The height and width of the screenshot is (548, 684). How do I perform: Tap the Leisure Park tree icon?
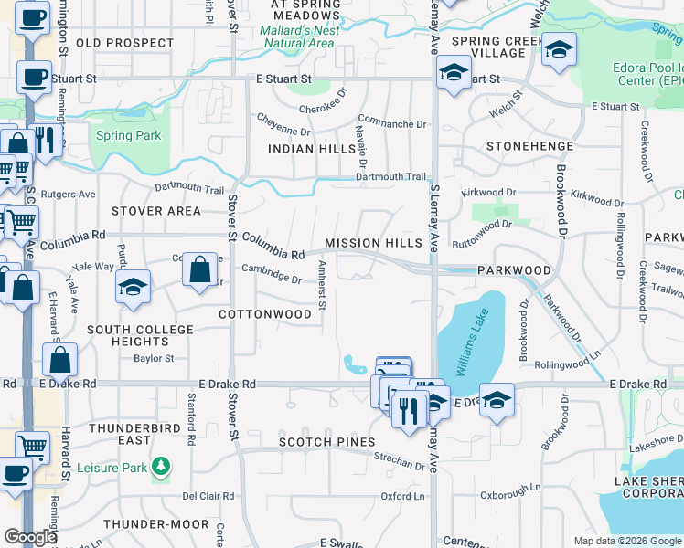click(x=161, y=467)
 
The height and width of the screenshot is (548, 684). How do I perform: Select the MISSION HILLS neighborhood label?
click(x=373, y=243)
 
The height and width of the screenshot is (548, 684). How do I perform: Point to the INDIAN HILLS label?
click(x=311, y=148)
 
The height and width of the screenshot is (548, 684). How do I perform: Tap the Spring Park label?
click(x=128, y=136)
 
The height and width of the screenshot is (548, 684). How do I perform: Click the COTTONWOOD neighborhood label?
click(x=264, y=313)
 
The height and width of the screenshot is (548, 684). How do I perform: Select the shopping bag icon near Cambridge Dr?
click(x=200, y=270)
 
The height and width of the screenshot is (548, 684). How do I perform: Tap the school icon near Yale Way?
click(x=133, y=288)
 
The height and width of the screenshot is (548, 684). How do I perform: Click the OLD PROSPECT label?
click(x=125, y=43)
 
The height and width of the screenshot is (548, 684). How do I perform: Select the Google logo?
click(x=30, y=537)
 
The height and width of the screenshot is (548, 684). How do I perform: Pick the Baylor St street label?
click(x=154, y=359)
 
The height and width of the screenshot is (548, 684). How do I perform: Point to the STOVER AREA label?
click(x=155, y=211)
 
